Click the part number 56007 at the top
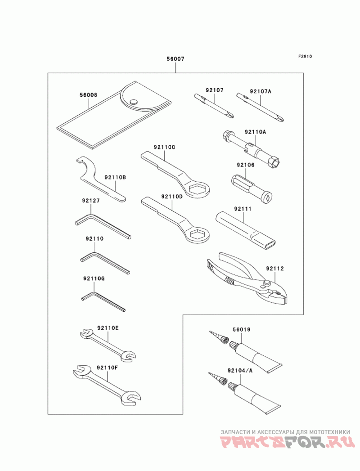tap(175, 59)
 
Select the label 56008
tap(88, 95)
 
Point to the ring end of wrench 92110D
tap(197, 234)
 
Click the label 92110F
tap(107, 368)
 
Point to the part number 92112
tap(274, 269)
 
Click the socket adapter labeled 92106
tap(252, 187)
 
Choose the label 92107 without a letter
tap(215, 91)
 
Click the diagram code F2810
tap(305, 57)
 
